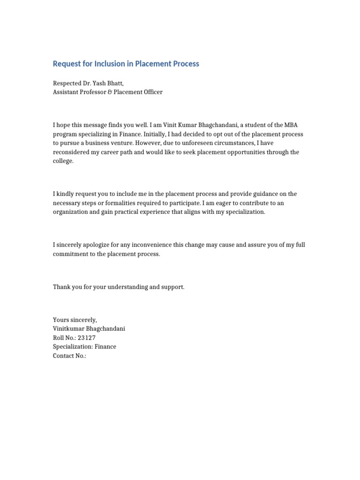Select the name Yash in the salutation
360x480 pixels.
(x=103, y=83)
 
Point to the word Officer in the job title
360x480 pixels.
(x=151, y=92)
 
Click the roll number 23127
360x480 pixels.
(x=87, y=337)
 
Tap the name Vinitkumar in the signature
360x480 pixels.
(x=70, y=329)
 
